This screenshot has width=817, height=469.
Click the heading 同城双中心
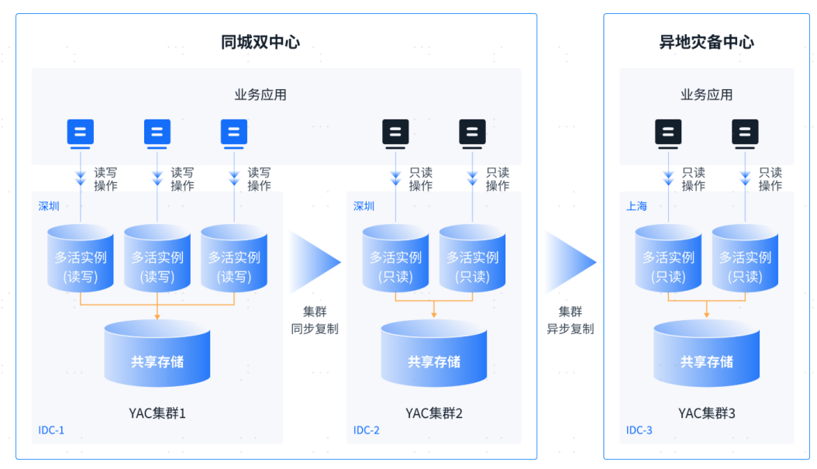[x=260, y=43]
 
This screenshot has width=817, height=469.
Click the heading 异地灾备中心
[x=706, y=43]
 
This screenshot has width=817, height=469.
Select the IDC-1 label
[x=52, y=430]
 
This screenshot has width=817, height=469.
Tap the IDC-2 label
[x=367, y=430]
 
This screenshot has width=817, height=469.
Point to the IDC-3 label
[x=639, y=430]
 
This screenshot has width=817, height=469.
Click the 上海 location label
[x=636, y=206]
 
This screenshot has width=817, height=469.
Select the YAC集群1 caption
[x=157, y=413]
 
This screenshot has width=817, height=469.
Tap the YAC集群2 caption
[x=434, y=413]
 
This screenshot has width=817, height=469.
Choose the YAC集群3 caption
[x=706, y=413]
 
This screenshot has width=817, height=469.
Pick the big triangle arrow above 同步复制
[x=314, y=262]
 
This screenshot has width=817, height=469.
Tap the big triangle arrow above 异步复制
[x=570, y=262]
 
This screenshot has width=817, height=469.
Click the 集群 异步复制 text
[x=571, y=320]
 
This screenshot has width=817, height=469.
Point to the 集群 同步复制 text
[x=315, y=320]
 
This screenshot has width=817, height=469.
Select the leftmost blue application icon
[x=81, y=133]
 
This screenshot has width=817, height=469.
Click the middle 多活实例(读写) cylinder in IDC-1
[x=157, y=258]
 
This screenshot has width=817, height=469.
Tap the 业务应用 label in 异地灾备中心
[x=706, y=95]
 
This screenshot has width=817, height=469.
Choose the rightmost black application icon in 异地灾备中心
[x=745, y=133]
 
